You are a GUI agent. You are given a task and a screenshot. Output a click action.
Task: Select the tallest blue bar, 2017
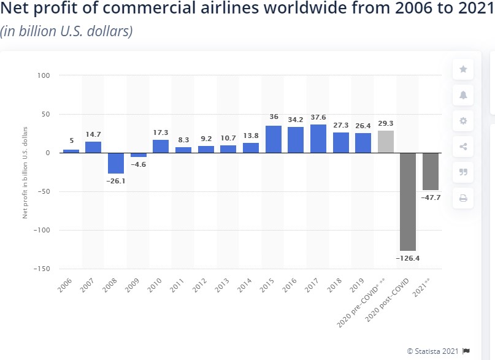tap(318, 139)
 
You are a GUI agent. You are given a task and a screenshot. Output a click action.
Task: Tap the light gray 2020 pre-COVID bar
tap(385, 142)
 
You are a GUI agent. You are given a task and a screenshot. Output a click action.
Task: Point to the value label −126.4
tap(407, 259)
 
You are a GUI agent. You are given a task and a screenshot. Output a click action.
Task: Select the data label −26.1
tap(116, 182)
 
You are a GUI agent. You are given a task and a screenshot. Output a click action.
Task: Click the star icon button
tap(463, 69)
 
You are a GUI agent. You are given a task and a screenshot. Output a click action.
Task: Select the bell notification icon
tap(463, 95)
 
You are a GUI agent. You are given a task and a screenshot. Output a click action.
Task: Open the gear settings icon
tap(463, 121)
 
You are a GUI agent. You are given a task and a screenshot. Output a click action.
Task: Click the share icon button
tap(463, 147)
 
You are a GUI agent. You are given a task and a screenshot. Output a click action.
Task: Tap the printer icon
tap(463, 198)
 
